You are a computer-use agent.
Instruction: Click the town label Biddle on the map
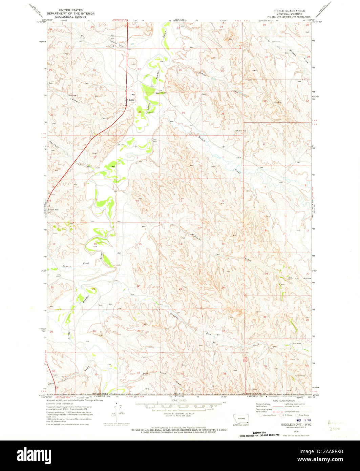point(131,100)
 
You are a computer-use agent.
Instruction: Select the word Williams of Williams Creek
point(196,234)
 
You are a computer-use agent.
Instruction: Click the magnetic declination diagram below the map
point(116,411)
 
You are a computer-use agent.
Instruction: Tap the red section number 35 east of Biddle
point(183,112)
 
